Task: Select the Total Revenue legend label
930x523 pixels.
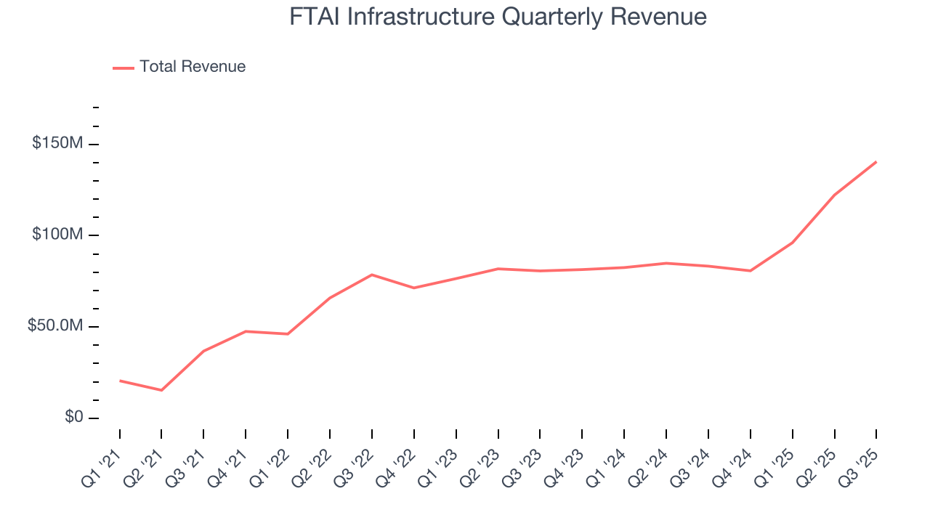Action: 193,67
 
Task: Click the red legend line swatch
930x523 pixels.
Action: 124,68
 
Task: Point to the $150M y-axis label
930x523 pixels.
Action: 57,144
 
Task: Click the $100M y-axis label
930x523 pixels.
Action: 57,235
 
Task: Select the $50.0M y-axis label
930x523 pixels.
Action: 55,326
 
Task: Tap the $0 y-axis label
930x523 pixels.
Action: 73,418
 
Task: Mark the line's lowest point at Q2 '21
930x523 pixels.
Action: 161,390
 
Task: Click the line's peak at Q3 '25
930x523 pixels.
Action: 876,162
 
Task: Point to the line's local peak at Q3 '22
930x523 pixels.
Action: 372,275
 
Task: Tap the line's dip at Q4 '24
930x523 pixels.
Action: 750,271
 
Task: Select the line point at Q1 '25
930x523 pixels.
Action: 792,243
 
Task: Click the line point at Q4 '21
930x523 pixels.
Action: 246,331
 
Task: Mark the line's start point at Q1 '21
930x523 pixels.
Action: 120,381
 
